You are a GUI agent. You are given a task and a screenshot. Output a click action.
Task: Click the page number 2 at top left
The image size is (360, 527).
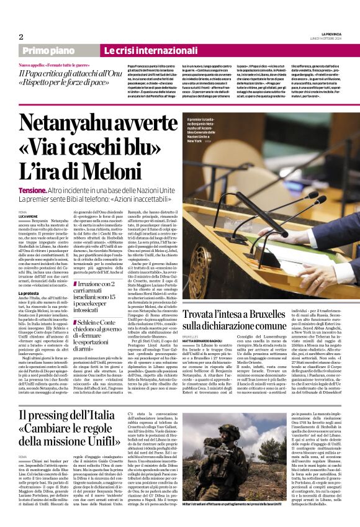[20, 37]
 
